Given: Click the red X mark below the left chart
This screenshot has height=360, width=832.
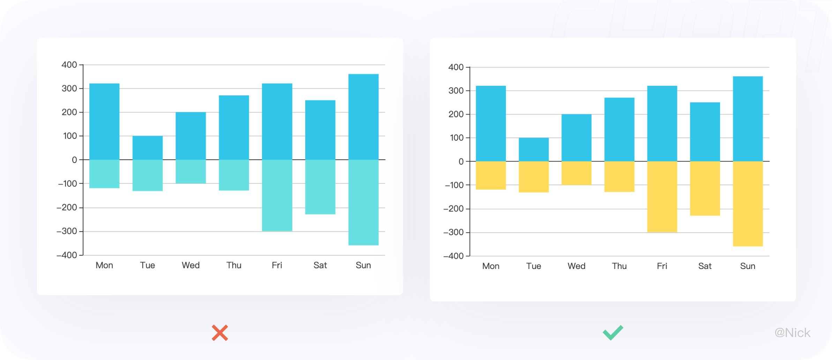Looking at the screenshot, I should [220, 333].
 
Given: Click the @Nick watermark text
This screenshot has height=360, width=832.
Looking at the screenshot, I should [792, 333].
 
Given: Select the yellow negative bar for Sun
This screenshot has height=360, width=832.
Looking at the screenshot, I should [748, 204].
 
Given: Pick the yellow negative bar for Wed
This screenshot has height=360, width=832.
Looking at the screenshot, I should [576, 173].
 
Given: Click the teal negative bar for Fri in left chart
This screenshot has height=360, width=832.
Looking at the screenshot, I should [277, 195].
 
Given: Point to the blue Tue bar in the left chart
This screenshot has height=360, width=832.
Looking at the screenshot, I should [148, 148].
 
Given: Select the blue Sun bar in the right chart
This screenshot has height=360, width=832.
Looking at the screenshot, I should [748, 119].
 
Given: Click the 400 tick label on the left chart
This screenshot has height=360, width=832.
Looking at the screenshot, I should [69, 65].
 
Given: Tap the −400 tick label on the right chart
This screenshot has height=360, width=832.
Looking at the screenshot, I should [453, 256].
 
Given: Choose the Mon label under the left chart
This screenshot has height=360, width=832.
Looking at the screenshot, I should [104, 265].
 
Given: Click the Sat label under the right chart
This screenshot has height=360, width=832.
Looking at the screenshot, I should [705, 266].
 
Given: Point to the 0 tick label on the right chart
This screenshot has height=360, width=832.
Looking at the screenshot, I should [461, 162].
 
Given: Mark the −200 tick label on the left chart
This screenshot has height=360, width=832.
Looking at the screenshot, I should [67, 208].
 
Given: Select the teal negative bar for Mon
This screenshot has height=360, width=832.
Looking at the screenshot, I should [104, 174].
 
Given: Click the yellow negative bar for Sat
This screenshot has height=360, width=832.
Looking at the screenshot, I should [705, 188].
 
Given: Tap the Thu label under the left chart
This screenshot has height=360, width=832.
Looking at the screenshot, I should [234, 265].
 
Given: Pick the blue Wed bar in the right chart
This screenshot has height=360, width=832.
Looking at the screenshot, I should [576, 138].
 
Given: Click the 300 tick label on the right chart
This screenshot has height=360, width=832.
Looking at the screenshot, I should [456, 91].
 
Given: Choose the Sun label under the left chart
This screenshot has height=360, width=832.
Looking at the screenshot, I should [363, 265].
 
